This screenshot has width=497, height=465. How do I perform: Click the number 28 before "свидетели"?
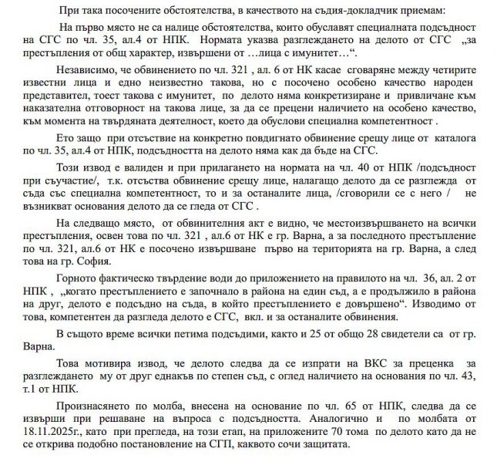coord(321,332)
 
